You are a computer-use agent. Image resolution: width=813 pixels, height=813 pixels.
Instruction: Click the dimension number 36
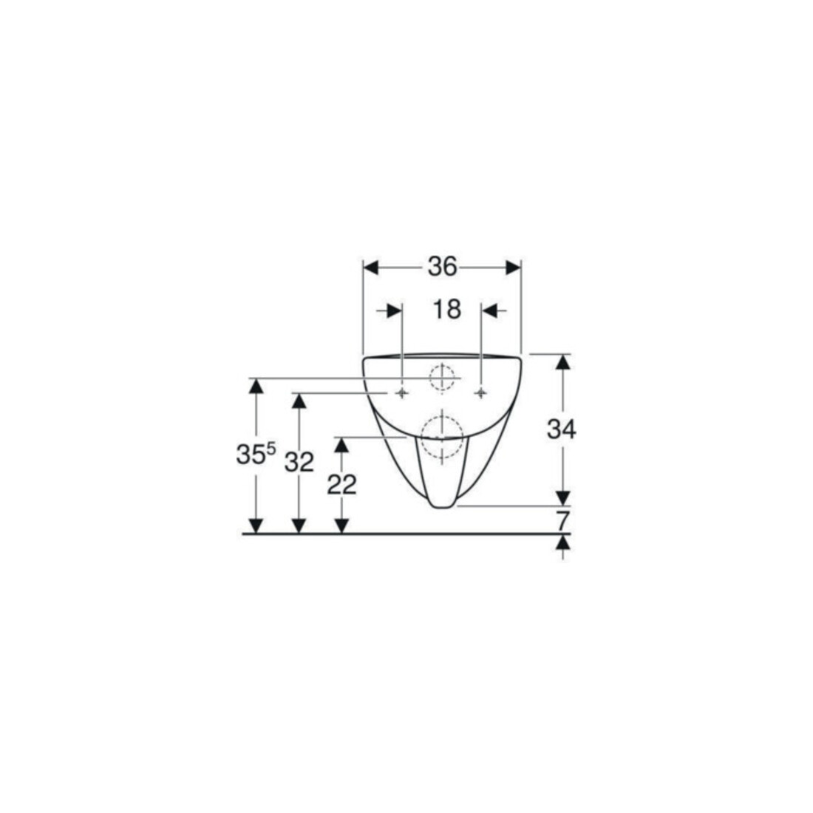[x=442, y=267]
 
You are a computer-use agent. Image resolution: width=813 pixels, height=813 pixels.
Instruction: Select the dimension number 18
[x=446, y=310]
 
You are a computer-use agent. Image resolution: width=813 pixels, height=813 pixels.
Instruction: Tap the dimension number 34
[x=562, y=429]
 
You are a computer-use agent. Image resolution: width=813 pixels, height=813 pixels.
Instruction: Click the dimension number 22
[x=341, y=485]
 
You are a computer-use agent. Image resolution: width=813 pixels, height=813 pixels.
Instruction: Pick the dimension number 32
[x=299, y=462]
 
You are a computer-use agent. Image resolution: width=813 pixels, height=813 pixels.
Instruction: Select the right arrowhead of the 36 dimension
[x=513, y=268]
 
